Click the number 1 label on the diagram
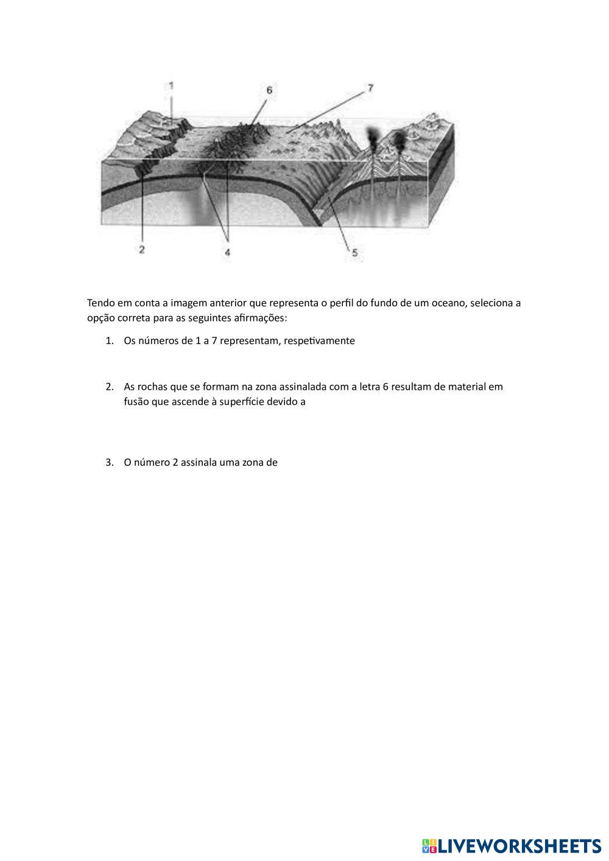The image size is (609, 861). [x=171, y=86]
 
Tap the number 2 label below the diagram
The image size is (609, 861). [x=141, y=249]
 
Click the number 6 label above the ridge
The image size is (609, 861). [x=269, y=90]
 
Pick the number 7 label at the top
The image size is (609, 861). [x=370, y=88]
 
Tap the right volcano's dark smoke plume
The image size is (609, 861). [x=400, y=141]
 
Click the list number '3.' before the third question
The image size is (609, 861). [x=110, y=462]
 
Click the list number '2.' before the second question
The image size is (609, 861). [x=110, y=387]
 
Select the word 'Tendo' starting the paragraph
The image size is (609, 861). [x=101, y=303]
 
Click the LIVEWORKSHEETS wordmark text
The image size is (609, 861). [x=519, y=846]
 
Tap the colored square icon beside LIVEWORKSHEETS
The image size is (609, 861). [x=429, y=846]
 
